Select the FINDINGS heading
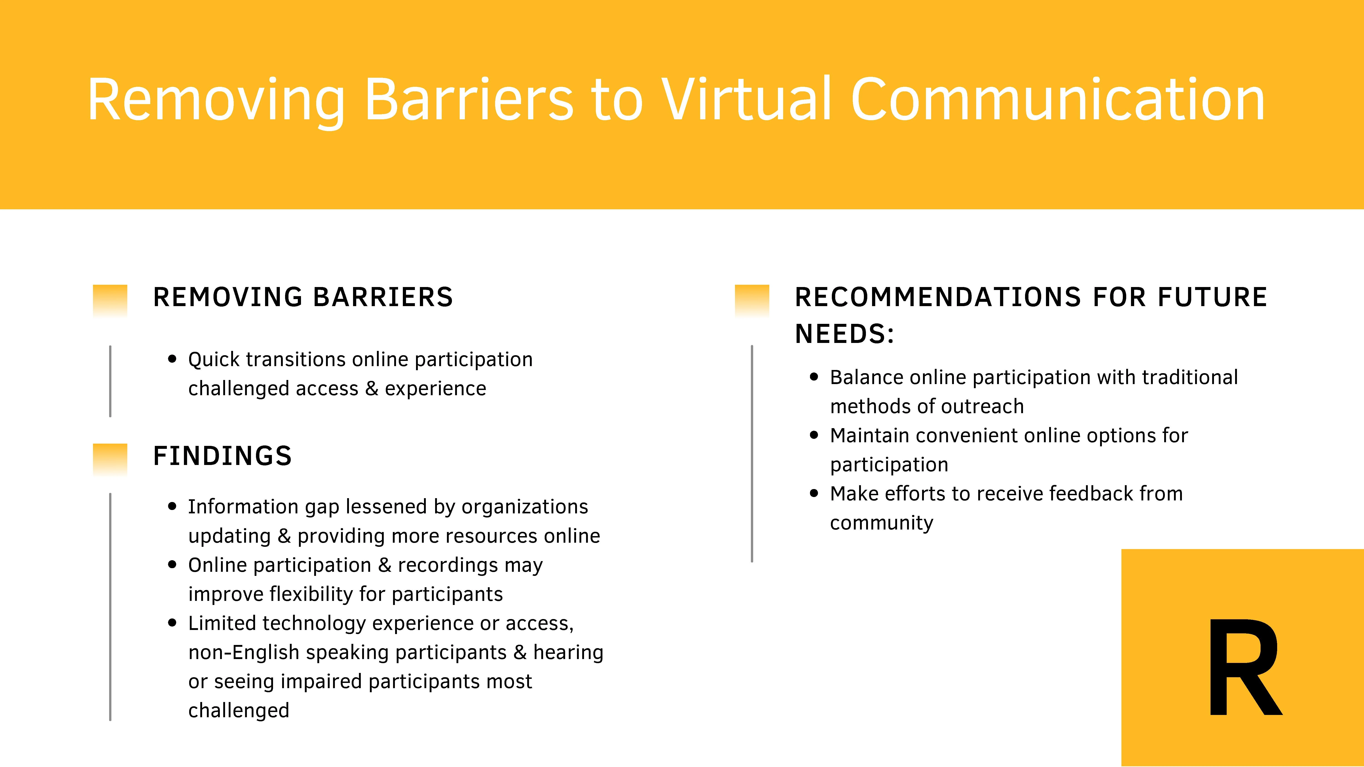(222, 456)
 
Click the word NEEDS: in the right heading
(845, 334)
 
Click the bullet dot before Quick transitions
(172, 359)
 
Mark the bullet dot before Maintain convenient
(814, 435)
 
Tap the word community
(882, 523)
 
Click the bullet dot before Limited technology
(172, 623)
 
